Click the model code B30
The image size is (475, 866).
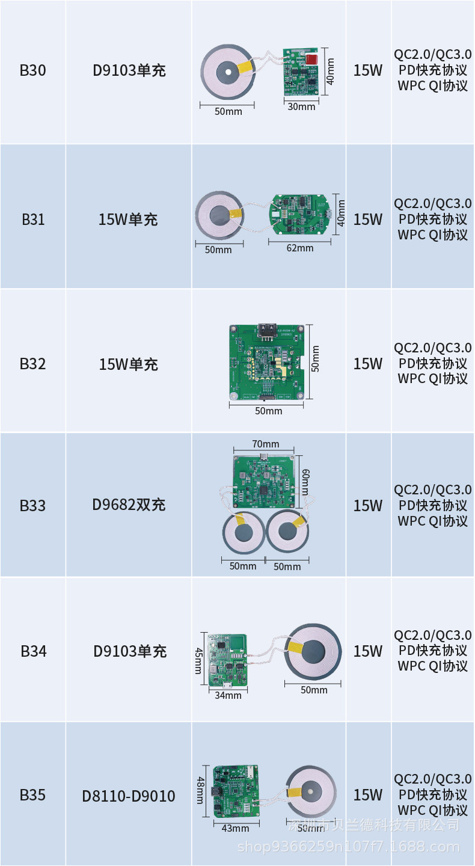click(x=32, y=70)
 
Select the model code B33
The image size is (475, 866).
click(x=32, y=505)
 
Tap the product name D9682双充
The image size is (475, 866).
click(x=129, y=505)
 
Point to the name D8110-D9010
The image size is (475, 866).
click(x=129, y=796)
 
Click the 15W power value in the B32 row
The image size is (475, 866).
click(x=367, y=364)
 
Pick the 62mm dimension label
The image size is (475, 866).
click(x=300, y=248)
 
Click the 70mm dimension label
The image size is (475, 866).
click(x=266, y=444)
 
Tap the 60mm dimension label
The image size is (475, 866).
click(x=305, y=482)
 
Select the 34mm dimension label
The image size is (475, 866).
click(x=228, y=695)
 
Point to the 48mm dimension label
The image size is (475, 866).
click(x=200, y=789)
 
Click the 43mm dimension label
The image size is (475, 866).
click(x=235, y=828)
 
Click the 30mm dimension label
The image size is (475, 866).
click(x=301, y=106)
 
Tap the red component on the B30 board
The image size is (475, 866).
click(x=311, y=60)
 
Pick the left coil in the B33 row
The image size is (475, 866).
click(x=244, y=532)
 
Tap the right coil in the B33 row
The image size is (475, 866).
click(x=287, y=532)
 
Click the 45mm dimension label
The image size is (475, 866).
click(x=199, y=660)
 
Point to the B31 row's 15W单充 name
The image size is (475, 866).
click(x=128, y=220)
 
